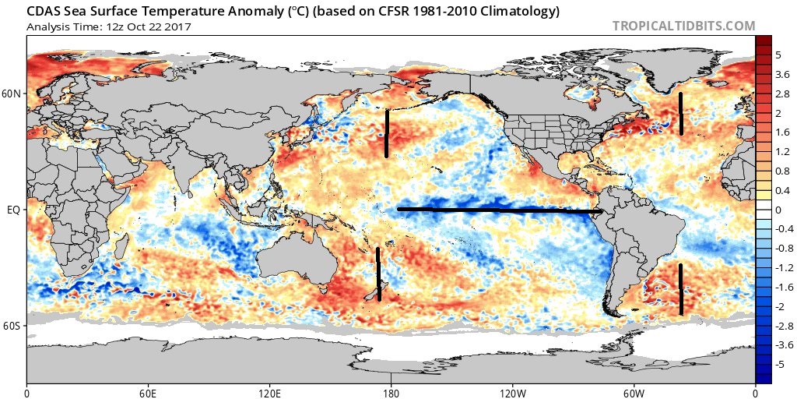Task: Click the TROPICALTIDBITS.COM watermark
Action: click(x=683, y=26)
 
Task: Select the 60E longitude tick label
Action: click(x=149, y=390)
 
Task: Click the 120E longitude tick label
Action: click(x=270, y=390)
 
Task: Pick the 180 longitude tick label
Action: click(x=391, y=390)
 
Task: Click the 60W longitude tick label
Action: click(x=634, y=390)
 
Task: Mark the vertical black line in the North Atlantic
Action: click(x=681, y=114)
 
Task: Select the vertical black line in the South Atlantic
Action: click(x=681, y=289)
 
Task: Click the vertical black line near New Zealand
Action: click(x=378, y=274)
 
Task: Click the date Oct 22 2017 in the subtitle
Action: click(x=156, y=26)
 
